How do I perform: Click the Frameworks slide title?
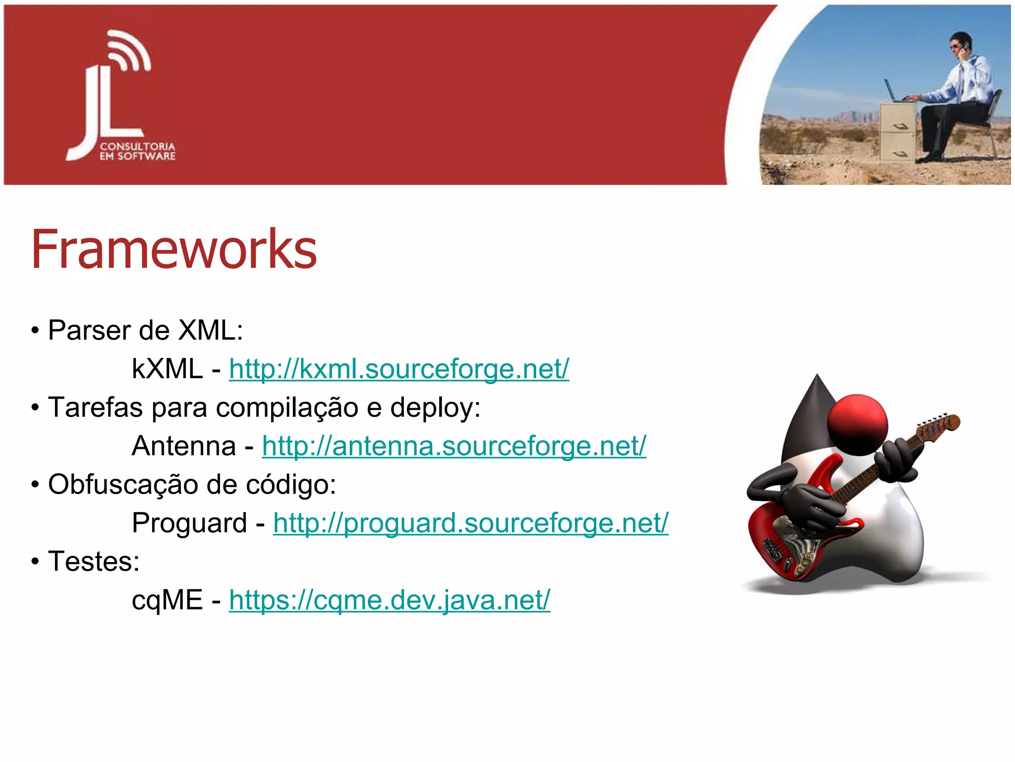[173, 249]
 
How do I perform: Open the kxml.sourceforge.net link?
[399, 369]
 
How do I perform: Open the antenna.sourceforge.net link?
[454, 446]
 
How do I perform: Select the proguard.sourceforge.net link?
[471, 523]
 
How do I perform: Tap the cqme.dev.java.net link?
[390, 600]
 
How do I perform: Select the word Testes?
[93, 562]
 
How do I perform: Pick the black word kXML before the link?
[167, 369]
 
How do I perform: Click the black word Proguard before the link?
[189, 523]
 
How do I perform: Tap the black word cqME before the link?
[167, 600]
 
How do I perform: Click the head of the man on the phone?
[960, 43]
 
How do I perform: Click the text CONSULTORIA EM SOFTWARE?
[137, 151]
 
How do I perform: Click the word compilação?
[287, 408]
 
